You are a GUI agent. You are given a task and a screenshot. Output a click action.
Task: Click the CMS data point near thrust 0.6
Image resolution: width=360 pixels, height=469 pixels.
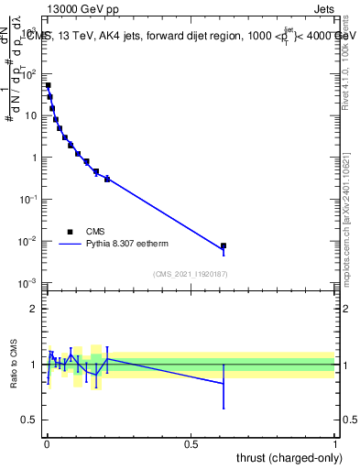click(x=224, y=245)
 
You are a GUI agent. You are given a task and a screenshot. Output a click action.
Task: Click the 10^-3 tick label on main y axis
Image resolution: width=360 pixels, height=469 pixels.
click(x=27, y=283)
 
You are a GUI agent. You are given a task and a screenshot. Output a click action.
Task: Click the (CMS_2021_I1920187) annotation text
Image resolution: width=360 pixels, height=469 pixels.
click(x=190, y=274)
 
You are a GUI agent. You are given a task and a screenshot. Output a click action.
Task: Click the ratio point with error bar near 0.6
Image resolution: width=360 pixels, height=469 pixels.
click(x=224, y=383)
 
